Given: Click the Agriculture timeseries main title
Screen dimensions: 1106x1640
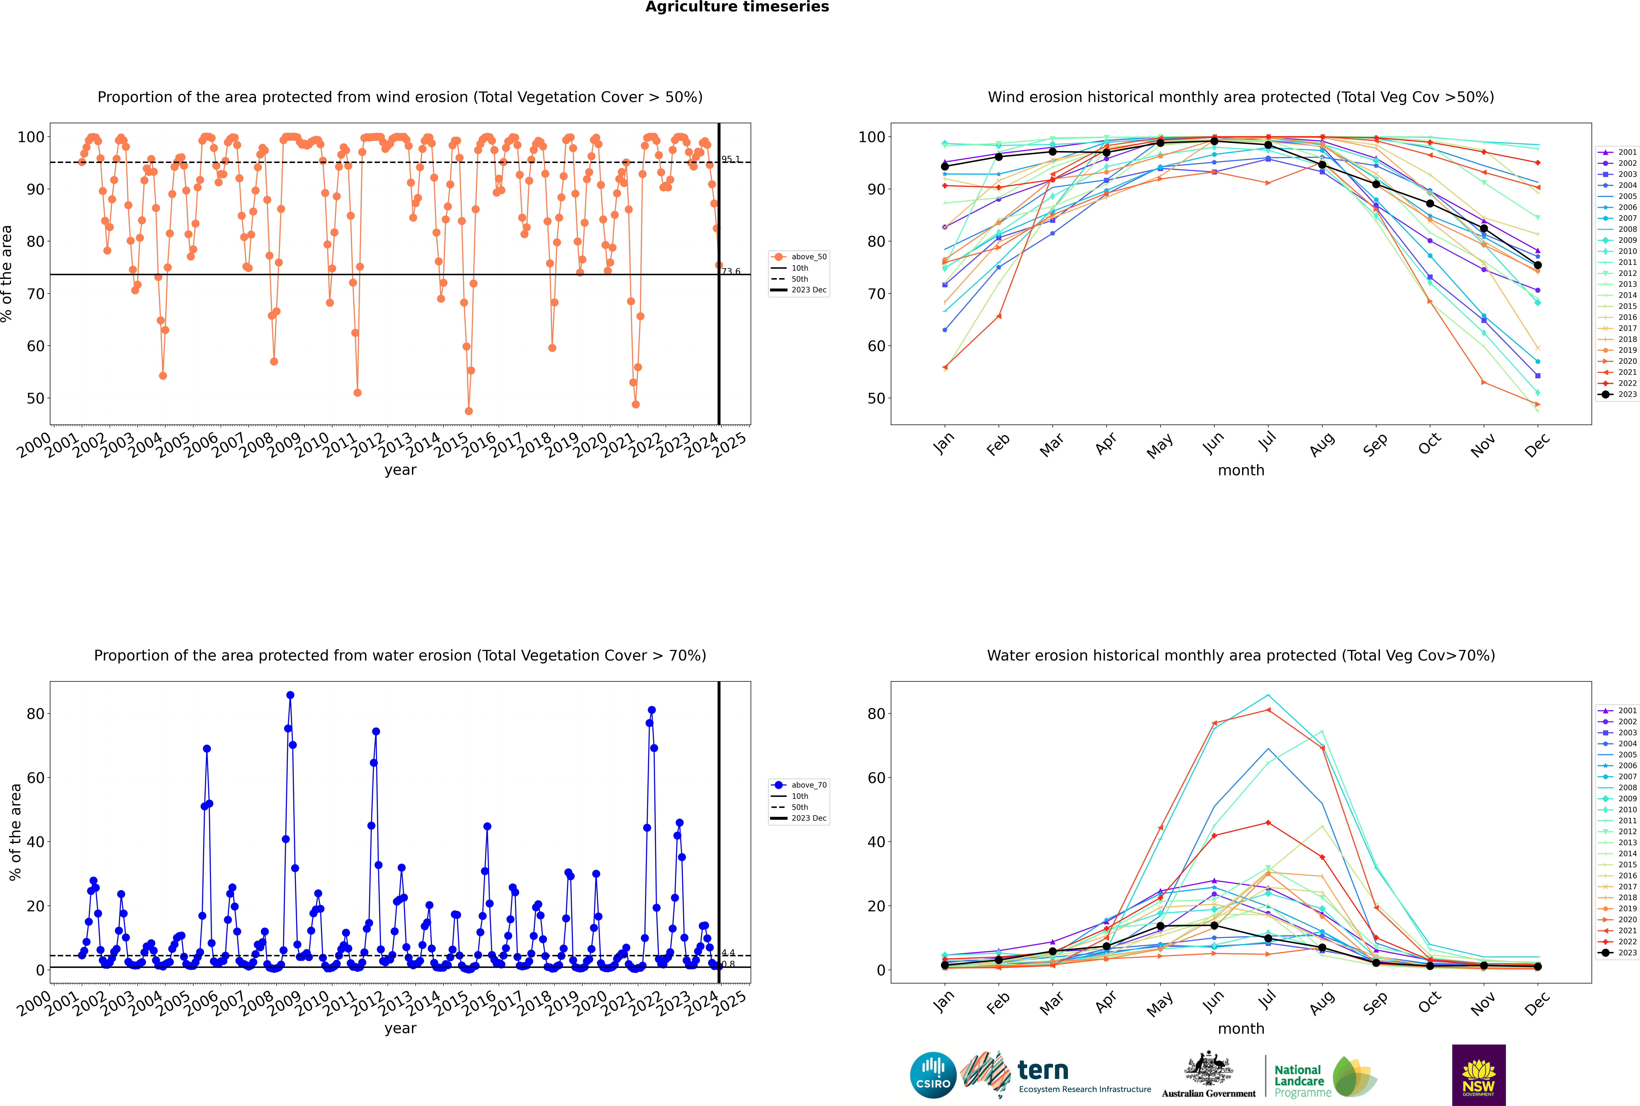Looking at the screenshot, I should click(737, 7).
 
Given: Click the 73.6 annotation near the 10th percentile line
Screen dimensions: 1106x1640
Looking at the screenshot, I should click(731, 272).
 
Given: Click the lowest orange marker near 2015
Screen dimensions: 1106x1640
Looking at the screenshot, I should click(468, 411).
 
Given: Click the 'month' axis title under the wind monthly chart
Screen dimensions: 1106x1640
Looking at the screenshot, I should click(1241, 471).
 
